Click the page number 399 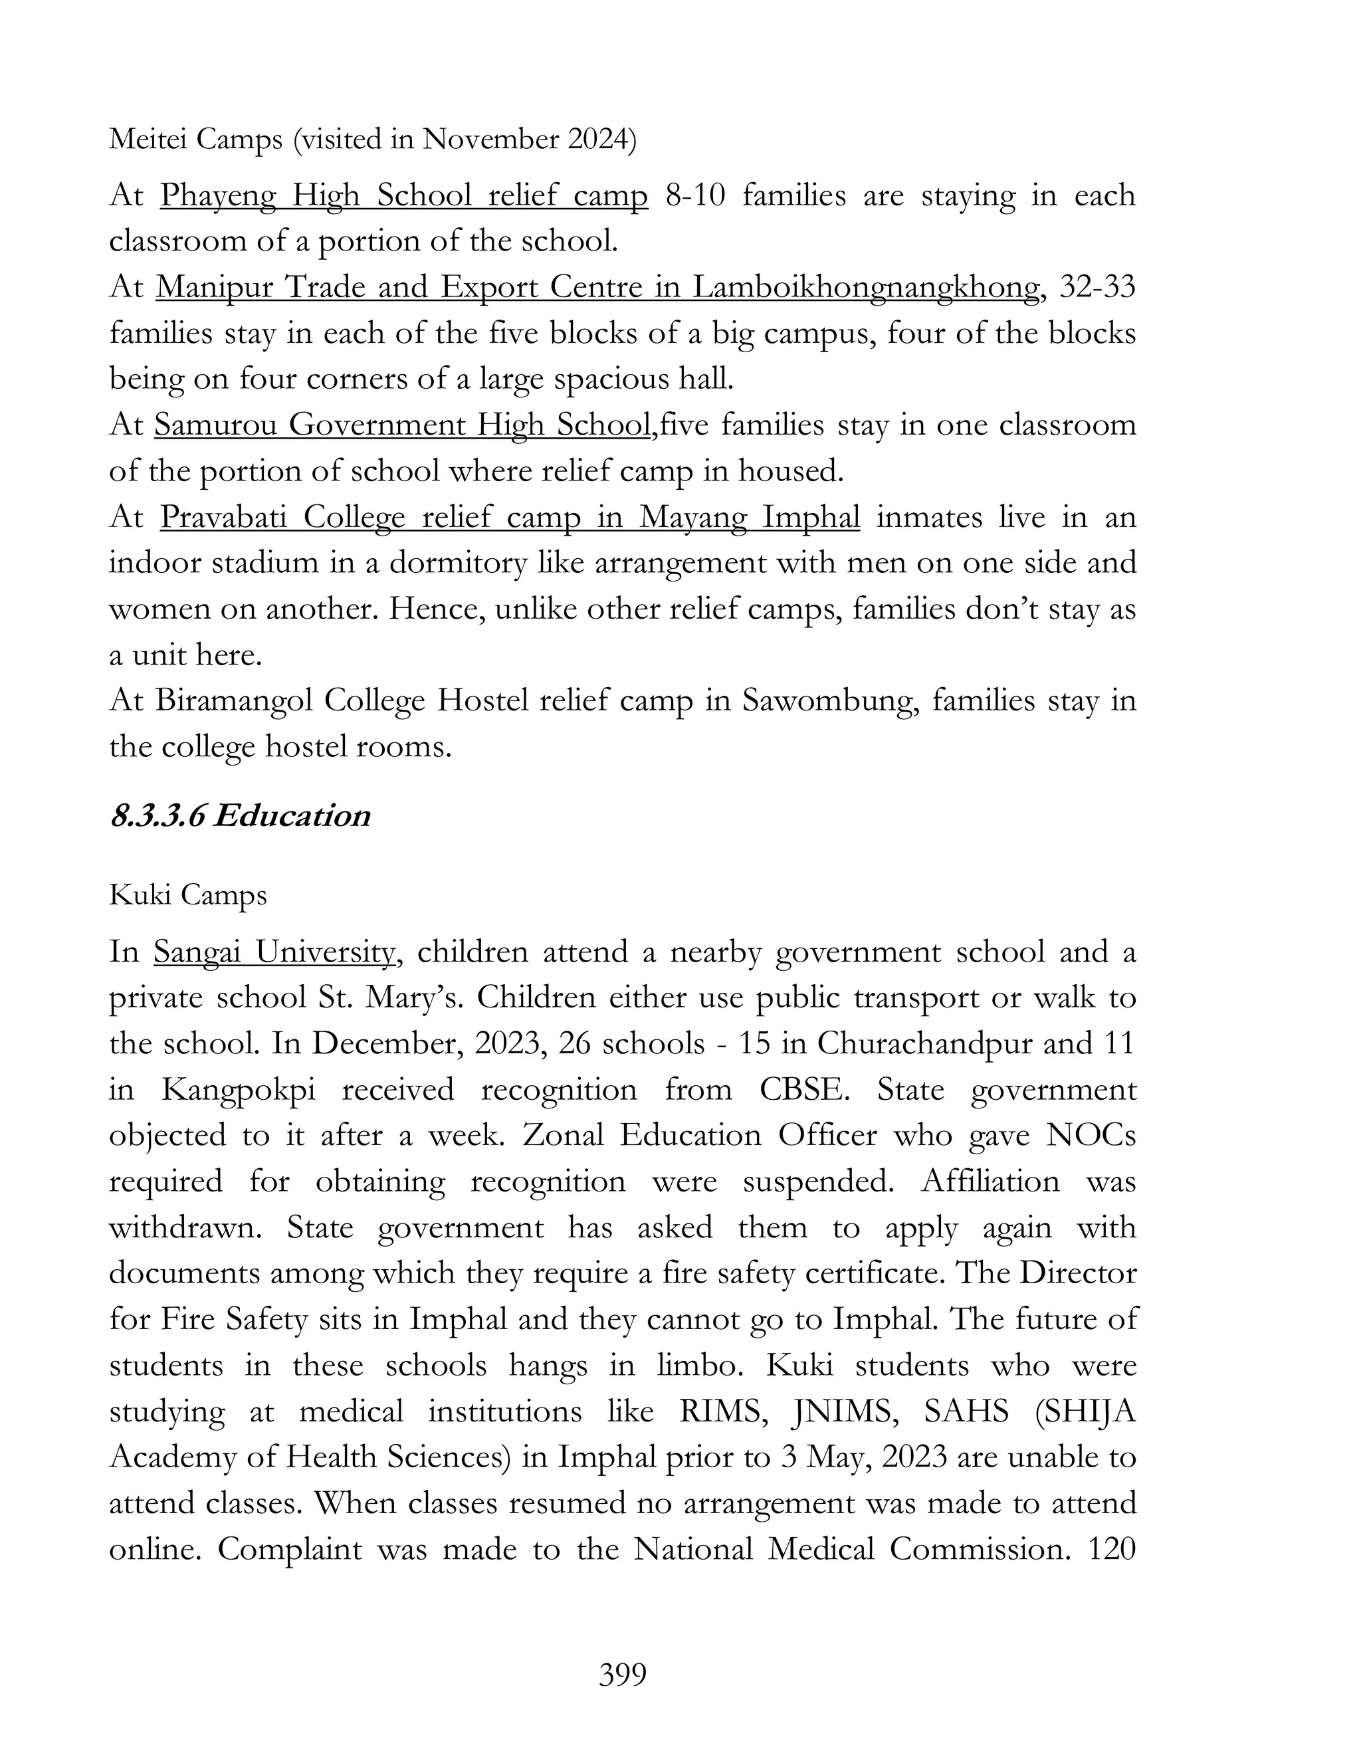(623, 1675)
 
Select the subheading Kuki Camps (188, 895)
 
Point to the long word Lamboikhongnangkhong (865, 288)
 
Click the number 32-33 (1097, 287)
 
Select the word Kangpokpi (238, 1090)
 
